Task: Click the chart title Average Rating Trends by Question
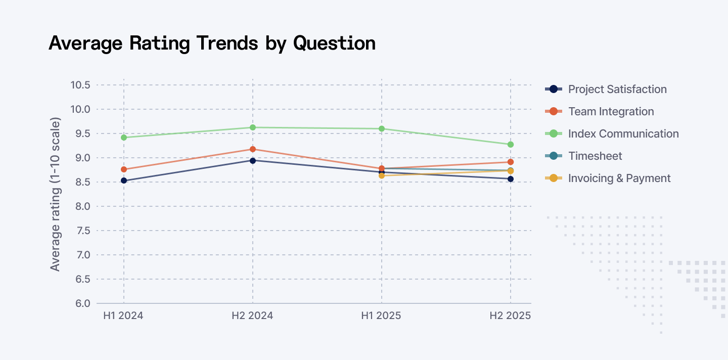click(212, 43)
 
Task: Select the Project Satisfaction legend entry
click(617, 89)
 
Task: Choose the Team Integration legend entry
click(611, 112)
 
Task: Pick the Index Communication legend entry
click(623, 134)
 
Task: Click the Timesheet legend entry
click(595, 156)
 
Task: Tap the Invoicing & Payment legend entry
click(619, 178)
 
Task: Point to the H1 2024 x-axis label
click(123, 316)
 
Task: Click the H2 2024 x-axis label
click(252, 316)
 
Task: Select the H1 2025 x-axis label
click(381, 316)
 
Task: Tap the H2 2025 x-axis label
click(510, 316)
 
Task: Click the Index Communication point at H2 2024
click(252, 127)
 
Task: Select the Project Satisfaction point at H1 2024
click(124, 181)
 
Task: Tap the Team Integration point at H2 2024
click(252, 149)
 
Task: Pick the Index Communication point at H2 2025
click(511, 145)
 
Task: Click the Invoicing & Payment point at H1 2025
click(382, 175)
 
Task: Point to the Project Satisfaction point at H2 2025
click(511, 179)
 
